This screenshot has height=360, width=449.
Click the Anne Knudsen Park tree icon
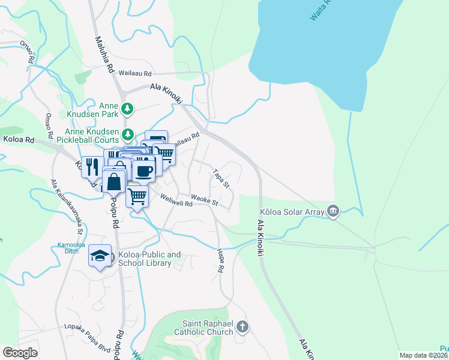coord(127,109)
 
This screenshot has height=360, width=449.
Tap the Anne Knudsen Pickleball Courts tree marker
coord(127,134)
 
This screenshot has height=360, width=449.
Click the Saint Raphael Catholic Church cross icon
coord(242,327)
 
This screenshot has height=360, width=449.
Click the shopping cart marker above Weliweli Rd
coord(137,196)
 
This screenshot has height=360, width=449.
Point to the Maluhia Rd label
coord(103,54)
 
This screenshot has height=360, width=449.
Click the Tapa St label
coord(221,178)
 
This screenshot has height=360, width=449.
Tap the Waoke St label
coord(204,199)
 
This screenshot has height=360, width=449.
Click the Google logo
coord(20,353)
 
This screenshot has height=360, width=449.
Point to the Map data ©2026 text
coord(423,355)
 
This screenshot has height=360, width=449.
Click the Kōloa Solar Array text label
coord(291,212)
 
